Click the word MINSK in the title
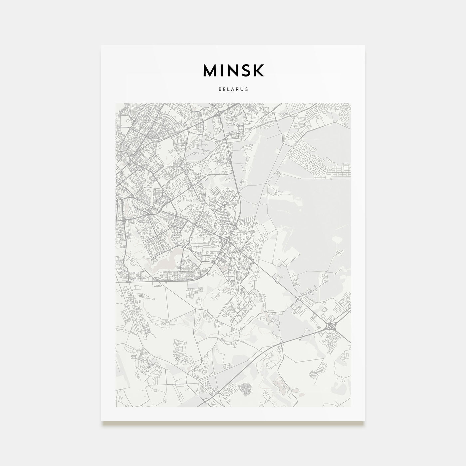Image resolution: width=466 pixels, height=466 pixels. pyautogui.click(x=233, y=70)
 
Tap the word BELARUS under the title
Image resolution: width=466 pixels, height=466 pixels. pyautogui.click(x=233, y=90)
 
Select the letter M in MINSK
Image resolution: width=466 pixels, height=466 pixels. pyautogui.click(x=209, y=70)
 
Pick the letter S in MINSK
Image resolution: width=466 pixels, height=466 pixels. pyautogui.click(x=247, y=70)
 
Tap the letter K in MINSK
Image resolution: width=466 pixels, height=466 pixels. pyautogui.click(x=259, y=70)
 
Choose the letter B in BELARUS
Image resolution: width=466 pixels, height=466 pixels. pyautogui.click(x=220, y=90)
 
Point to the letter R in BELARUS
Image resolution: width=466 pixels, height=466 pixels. pyautogui.click(x=238, y=90)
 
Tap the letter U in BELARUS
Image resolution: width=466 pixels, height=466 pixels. pyautogui.click(x=242, y=90)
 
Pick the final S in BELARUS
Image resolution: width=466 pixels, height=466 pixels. pyautogui.click(x=247, y=90)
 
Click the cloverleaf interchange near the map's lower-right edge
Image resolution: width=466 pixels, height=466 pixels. pyautogui.click(x=331, y=327)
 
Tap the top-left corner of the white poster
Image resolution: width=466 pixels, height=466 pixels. pyautogui.click(x=102, y=45)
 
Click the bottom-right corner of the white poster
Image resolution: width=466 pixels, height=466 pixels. pyautogui.click(x=365, y=421)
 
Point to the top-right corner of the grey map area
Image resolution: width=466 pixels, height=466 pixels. pyautogui.click(x=350, y=103)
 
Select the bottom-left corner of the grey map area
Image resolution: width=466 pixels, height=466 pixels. pyautogui.click(x=115, y=407)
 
